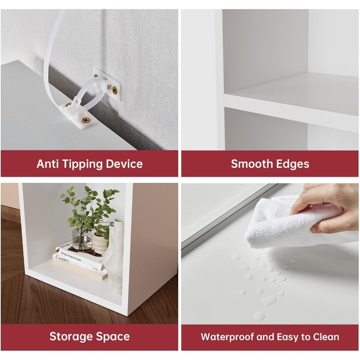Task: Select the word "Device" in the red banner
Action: (x=124, y=164)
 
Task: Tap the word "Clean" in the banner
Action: (x=326, y=337)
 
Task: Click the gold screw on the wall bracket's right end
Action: (x=114, y=90)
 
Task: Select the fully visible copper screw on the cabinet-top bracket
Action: (x=86, y=120)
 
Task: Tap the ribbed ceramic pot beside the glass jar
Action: (x=100, y=243)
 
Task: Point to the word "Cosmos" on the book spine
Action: (x=62, y=258)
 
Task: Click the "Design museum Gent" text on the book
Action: (x=71, y=256)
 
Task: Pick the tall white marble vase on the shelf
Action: (x=116, y=255)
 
